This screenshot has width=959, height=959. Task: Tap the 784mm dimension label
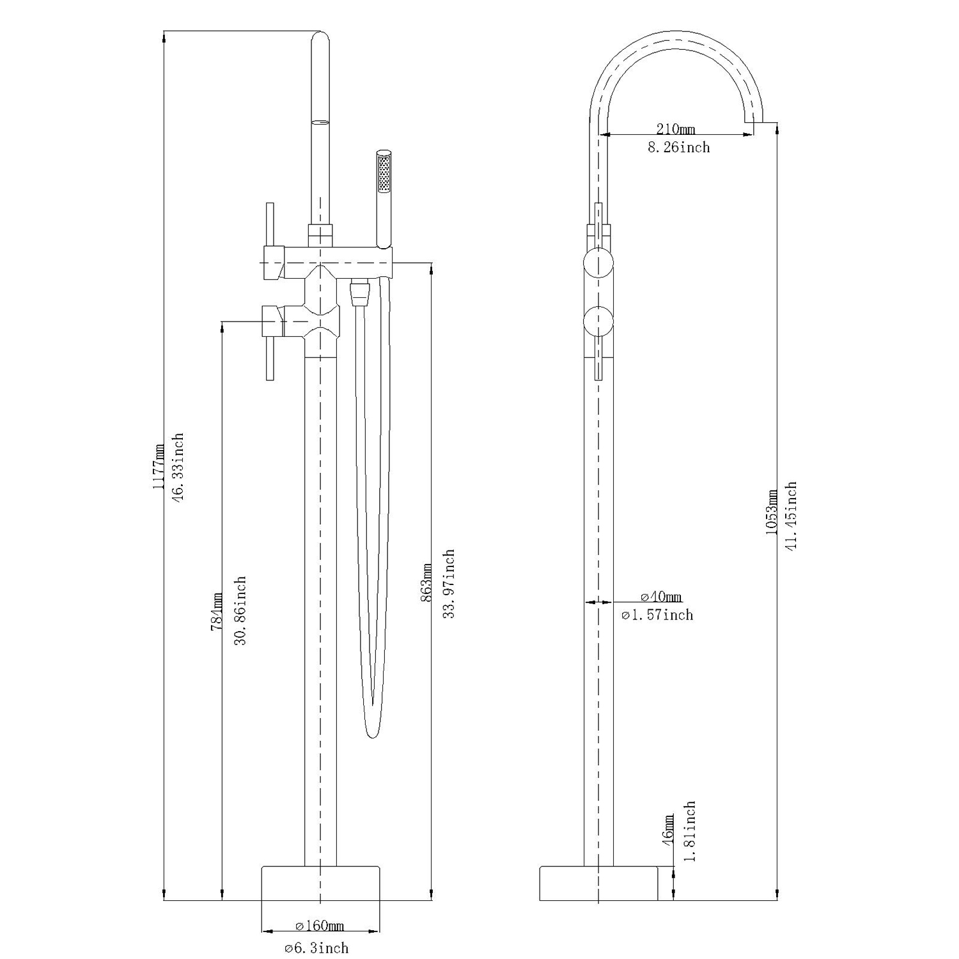coord(217,612)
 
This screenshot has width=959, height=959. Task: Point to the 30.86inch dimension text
coord(240,611)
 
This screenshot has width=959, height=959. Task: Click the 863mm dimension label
coord(427,583)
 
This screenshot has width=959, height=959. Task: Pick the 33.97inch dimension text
coord(449,583)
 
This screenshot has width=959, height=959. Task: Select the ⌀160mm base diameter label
coord(320,926)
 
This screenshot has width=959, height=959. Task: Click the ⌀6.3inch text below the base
coord(317,947)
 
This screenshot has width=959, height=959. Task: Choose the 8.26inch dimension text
coord(679,148)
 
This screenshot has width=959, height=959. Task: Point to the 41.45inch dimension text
coord(791,517)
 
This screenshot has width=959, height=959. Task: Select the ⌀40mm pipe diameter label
coord(661,597)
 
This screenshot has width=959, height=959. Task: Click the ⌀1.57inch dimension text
coord(657,615)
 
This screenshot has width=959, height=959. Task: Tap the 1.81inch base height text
coord(689,831)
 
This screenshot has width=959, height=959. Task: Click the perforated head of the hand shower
coord(384,172)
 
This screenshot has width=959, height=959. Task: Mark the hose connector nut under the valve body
coord(361,293)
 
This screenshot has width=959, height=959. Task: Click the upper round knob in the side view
coord(599,263)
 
